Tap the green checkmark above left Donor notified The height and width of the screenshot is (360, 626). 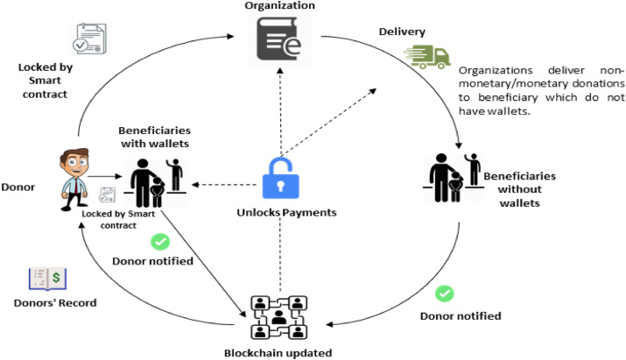click(x=160, y=240)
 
